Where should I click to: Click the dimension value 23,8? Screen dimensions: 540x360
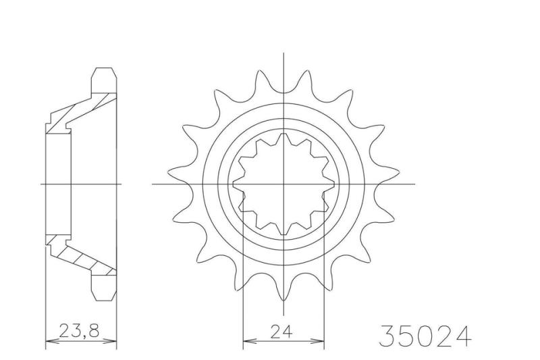(x=79, y=331)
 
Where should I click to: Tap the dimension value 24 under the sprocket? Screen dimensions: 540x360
(x=281, y=332)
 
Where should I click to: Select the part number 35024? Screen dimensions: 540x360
(x=425, y=336)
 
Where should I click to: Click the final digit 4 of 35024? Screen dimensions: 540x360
(x=462, y=336)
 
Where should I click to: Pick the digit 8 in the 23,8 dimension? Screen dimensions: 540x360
(x=93, y=330)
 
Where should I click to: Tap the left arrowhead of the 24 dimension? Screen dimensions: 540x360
(x=248, y=341)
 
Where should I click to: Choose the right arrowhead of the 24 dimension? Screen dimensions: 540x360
(x=319, y=341)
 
